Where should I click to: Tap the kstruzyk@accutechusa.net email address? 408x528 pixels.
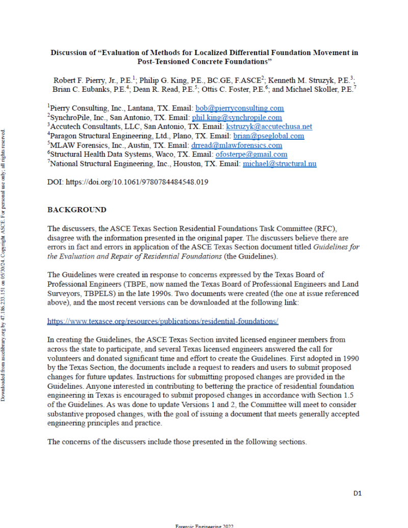point(269,127)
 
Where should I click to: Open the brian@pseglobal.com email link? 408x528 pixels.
point(269,136)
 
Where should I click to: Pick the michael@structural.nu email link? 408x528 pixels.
point(279,163)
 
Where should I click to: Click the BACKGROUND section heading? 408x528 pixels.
point(77,210)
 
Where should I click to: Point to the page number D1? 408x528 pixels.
point(358,493)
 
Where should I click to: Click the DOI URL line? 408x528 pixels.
point(127,182)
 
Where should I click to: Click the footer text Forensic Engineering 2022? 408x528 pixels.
point(204,525)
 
